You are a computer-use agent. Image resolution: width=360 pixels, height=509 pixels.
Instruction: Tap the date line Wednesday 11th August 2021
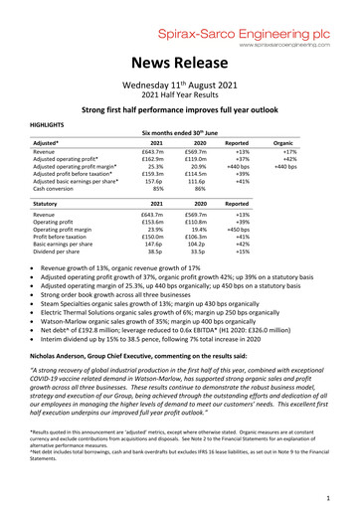[180, 85]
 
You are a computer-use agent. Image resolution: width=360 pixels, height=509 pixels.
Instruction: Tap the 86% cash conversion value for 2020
[210, 191]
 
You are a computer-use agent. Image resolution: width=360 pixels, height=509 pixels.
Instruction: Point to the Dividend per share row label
[58, 252]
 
